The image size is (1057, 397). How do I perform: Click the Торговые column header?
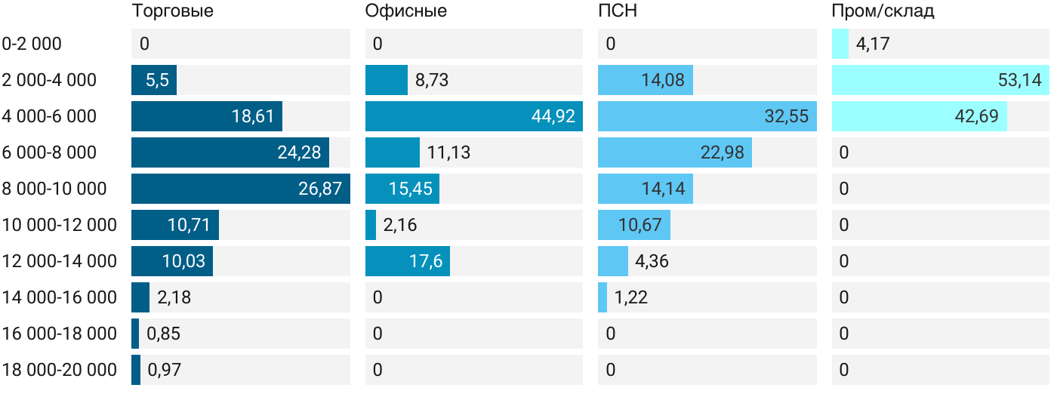point(172,11)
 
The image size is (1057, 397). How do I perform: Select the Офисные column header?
point(405,11)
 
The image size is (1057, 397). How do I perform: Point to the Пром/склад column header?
point(883,11)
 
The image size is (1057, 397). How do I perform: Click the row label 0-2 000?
point(32,44)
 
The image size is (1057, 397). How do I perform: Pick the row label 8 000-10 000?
point(54,189)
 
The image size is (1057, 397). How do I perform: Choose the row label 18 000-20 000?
point(60,370)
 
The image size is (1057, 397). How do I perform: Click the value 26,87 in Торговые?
point(320,189)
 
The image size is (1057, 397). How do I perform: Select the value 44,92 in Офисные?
point(553,116)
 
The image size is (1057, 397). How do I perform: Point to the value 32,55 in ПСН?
point(786,116)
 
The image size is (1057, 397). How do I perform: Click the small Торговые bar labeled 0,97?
point(136,370)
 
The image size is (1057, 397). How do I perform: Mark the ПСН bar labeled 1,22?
point(602,297)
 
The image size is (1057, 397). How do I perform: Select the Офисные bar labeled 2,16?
point(371,225)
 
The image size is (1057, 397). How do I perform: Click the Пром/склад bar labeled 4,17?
point(840,44)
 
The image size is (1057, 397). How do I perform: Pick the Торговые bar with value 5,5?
point(154,80)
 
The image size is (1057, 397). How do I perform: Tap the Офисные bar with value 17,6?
point(408,261)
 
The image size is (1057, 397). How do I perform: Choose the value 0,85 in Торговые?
point(164,334)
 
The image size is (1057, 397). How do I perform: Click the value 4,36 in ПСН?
point(652,261)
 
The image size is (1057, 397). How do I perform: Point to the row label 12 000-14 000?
point(60,261)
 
